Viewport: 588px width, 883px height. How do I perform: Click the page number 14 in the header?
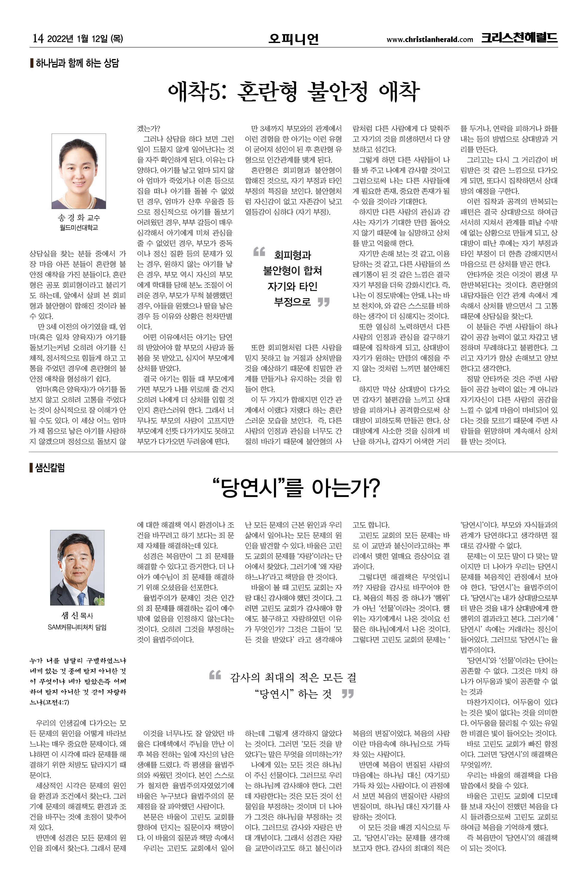click(x=38, y=38)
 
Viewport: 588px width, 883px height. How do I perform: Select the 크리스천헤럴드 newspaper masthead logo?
click(x=519, y=38)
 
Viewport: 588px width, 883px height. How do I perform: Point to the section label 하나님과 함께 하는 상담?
click(x=77, y=63)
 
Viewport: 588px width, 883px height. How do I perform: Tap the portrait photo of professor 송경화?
click(x=79, y=171)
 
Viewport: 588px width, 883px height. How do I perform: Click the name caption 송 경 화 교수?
click(x=79, y=218)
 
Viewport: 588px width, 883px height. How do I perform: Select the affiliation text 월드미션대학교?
click(x=79, y=227)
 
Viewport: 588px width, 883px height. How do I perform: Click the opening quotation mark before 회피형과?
click(x=259, y=252)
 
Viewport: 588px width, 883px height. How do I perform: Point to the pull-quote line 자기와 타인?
click(x=292, y=286)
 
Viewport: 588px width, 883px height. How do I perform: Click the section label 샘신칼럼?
click(x=50, y=468)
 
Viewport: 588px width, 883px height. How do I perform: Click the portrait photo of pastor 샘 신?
click(x=77, y=567)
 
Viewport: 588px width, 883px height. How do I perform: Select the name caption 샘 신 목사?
click(x=77, y=615)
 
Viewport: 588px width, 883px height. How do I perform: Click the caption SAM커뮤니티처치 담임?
click(x=77, y=627)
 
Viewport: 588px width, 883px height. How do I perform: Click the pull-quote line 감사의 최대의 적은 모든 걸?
click(x=293, y=677)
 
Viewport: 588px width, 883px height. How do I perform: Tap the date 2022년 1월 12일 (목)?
click(x=85, y=38)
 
